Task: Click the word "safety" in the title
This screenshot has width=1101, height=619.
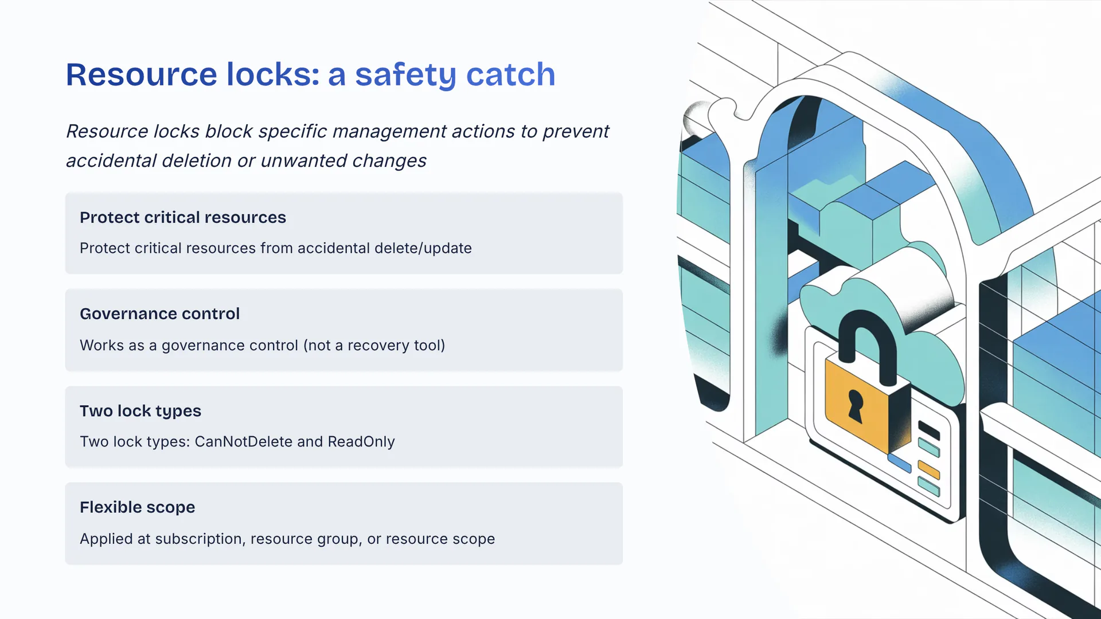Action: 405,75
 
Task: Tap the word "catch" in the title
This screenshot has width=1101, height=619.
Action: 510,75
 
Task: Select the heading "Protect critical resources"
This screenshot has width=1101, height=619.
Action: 182,218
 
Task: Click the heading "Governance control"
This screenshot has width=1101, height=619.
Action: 159,314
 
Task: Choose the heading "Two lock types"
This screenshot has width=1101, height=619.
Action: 140,411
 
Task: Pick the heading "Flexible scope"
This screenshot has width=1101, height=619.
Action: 137,507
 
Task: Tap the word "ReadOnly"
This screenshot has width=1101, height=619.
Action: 361,442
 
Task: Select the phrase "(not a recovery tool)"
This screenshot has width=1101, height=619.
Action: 374,346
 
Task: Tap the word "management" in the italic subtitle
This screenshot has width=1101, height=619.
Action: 389,131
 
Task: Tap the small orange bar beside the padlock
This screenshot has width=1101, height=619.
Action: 928,470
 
